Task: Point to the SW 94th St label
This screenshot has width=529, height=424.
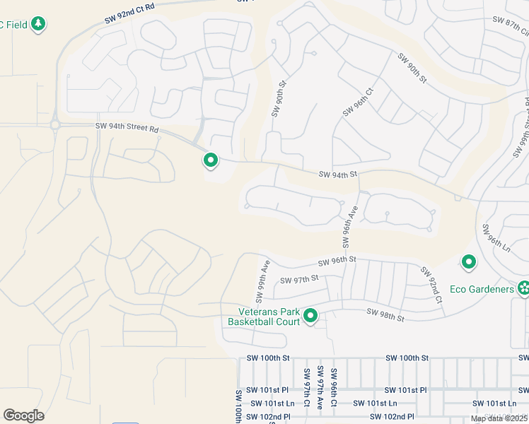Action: (x=339, y=174)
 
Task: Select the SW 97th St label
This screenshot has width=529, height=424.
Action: (x=299, y=280)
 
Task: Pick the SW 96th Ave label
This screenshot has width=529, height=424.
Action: (x=347, y=226)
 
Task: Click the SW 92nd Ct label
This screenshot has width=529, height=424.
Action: (x=431, y=285)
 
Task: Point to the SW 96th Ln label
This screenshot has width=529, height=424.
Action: (x=496, y=238)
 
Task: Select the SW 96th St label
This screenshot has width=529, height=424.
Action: (x=337, y=261)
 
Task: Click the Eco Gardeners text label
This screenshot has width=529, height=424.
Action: (x=482, y=290)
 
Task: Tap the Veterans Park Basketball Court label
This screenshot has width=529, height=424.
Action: (x=262, y=317)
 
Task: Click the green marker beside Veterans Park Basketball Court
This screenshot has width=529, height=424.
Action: (x=310, y=317)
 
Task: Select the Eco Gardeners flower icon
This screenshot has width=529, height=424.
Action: (x=523, y=288)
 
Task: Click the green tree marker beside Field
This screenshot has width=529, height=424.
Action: (x=39, y=24)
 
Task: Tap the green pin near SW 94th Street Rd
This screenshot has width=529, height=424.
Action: (x=210, y=161)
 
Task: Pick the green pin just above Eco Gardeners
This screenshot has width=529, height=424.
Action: (x=468, y=263)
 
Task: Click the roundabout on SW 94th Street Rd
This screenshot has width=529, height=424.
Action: (x=54, y=125)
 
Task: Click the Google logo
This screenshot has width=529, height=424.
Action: (x=24, y=416)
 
